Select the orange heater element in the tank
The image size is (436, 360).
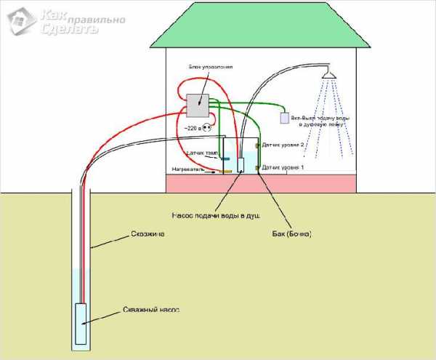(x=227, y=172)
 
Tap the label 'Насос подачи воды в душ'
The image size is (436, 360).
(x=215, y=215)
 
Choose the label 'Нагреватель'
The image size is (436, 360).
(x=188, y=169)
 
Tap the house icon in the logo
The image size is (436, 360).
(x=19, y=20)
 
